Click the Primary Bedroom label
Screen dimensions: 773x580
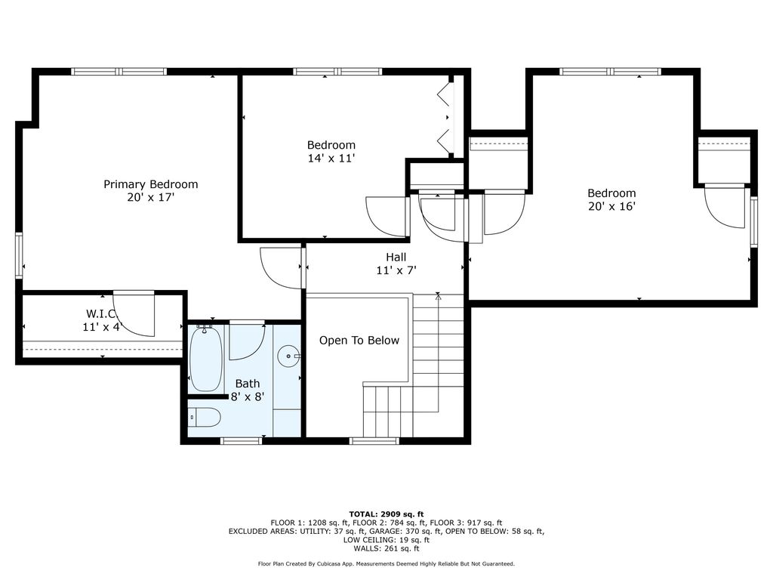pos(151,184)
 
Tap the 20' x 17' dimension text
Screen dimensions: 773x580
pos(151,197)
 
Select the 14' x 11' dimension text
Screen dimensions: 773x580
pos(331,159)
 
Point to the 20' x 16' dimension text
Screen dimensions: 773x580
pos(611,206)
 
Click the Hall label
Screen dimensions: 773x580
pos(396,257)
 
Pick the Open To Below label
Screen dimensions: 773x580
pos(359,341)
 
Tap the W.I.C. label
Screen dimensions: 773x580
pos(102,313)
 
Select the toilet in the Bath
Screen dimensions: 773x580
pos(205,418)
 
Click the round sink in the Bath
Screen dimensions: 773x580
pos(288,356)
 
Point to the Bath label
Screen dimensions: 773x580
pos(248,384)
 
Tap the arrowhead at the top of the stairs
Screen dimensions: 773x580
pos(439,296)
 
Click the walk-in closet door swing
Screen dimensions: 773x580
pos(134,314)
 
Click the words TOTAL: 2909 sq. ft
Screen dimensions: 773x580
pos(386,514)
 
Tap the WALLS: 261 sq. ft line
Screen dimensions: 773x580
pos(386,548)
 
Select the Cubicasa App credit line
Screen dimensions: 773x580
pos(386,563)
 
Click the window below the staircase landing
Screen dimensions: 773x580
pos(374,440)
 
